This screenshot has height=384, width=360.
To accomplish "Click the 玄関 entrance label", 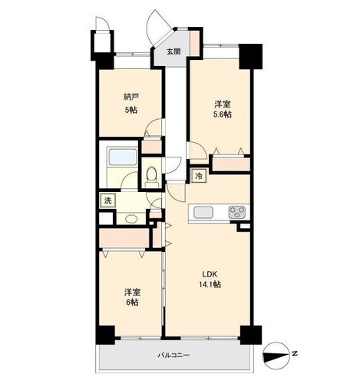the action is click(x=173, y=51).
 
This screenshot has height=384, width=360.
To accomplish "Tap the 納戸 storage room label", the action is click(x=131, y=97).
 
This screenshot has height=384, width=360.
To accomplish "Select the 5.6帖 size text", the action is click(x=223, y=114).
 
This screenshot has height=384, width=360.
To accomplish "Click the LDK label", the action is click(x=210, y=274).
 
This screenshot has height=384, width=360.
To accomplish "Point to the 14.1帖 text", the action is click(x=210, y=284).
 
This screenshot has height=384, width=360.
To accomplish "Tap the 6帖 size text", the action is click(x=132, y=303).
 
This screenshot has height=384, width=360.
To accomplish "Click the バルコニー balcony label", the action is click(x=173, y=356).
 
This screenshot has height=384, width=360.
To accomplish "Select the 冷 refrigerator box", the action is click(x=199, y=176).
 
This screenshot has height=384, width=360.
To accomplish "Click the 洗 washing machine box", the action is click(x=107, y=200).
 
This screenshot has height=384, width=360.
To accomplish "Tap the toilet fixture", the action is click(x=152, y=177).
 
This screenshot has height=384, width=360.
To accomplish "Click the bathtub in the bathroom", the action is click(x=122, y=157).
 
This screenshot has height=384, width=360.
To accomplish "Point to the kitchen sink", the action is click(x=203, y=213).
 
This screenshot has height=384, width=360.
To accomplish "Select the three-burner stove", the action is click(x=237, y=212).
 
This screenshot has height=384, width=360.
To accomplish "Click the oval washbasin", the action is click(x=131, y=219).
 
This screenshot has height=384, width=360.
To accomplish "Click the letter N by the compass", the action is click(x=295, y=354).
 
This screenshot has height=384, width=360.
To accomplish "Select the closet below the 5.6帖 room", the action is click(x=231, y=164).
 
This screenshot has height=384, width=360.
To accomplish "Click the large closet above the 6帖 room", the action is click(x=124, y=238).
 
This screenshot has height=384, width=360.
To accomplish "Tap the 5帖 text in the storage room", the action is click(x=131, y=110).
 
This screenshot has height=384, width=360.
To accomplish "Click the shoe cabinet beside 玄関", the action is click(x=194, y=43).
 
